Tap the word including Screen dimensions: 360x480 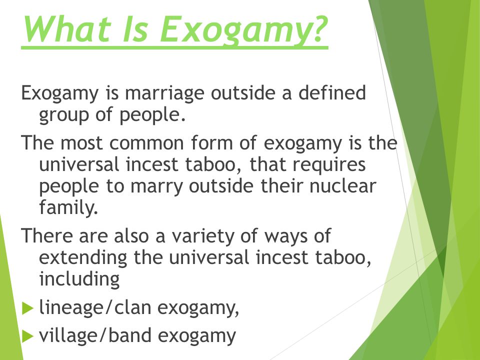point(79,279)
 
